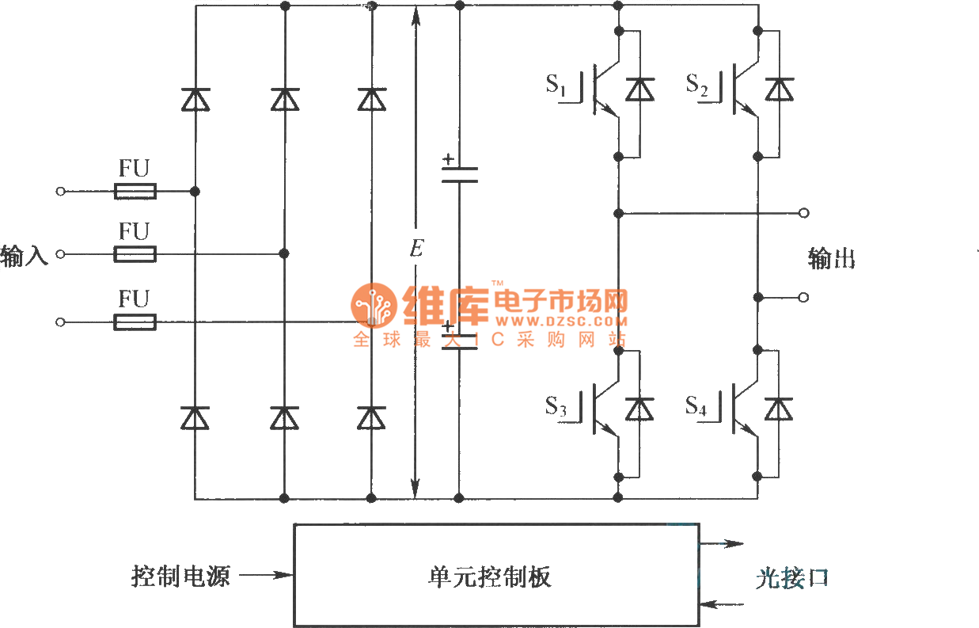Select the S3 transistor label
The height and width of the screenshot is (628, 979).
[x=556, y=407]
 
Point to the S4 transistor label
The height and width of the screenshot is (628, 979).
[x=696, y=407]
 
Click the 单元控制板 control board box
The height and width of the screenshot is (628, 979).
[x=496, y=575]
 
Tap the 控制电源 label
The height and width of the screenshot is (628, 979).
[x=180, y=576]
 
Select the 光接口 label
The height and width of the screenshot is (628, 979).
[x=791, y=579]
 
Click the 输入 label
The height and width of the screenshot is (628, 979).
[x=25, y=256]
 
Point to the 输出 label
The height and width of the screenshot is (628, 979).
[x=831, y=259]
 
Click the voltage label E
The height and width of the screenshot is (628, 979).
[x=416, y=249]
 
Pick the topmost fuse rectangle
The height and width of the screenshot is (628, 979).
[x=135, y=191]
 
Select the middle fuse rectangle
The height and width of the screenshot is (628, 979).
[x=135, y=254]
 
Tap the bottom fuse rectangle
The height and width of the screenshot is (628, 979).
[x=135, y=322]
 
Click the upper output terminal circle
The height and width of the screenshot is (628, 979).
[x=804, y=213]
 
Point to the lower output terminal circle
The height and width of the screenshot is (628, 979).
[x=804, y=297]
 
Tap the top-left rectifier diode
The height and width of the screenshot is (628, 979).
[x=195, y=99]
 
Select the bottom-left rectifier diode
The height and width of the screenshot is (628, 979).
[x=195, y=417]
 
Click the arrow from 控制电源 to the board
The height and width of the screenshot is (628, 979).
[x=265, y=576]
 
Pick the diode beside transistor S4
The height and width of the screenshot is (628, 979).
[x=780, y=409]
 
